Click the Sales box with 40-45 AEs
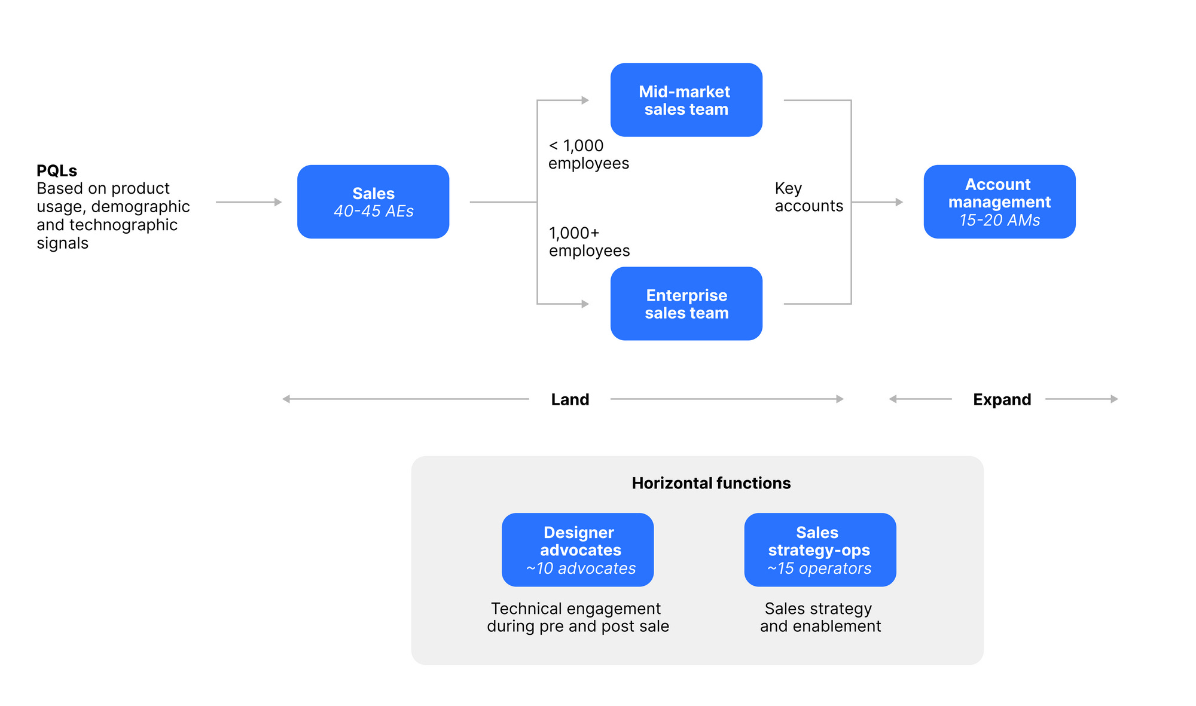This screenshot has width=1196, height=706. click(373, 202)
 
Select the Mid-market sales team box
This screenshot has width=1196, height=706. click(686, 100)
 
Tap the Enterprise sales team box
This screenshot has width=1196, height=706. click(686, 304)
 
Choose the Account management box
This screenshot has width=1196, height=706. click(999, 201)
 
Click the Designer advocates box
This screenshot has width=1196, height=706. click(577, 549)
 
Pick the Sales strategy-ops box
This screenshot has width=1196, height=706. click(819, 549)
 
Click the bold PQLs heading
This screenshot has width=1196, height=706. click(57, 171)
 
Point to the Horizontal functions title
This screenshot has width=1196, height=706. click(711, 483)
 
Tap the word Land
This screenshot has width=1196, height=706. click(570, 399)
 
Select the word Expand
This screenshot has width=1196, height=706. click(1002, 399)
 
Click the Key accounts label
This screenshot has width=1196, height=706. click(808, 197)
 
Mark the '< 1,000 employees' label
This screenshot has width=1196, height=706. click(588, 154)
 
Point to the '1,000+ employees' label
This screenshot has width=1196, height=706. click(588, 242)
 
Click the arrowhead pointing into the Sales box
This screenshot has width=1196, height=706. click(278, 202)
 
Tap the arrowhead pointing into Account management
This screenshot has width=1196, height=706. click(899, 202)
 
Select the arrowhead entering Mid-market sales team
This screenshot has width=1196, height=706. click(585, 100)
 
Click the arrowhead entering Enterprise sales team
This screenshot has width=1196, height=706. click(585, 304)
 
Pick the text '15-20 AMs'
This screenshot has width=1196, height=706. click(999, 221)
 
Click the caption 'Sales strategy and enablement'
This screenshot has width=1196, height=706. click(820, 618)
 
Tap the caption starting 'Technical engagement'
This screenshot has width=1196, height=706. click(577, 618)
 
